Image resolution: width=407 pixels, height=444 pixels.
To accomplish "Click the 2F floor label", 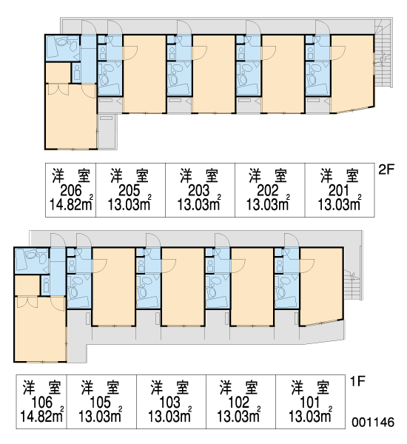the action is click(386, 169).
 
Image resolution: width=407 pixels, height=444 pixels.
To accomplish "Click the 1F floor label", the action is click(357, 381).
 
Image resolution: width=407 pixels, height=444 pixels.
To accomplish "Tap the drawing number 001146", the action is click(373, 423).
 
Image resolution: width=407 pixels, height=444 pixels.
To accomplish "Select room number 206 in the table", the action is click(71, 191).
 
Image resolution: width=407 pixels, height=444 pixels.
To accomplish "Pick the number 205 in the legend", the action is click(129, 191).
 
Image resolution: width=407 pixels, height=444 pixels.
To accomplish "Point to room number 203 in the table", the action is click(199, 191).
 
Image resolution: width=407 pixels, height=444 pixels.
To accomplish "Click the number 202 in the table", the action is click(268, 191).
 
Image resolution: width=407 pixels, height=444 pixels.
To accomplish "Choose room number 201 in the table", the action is click(339, 191).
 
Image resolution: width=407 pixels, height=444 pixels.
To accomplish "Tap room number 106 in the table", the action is click(42, 403).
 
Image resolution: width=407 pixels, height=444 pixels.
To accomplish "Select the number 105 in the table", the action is click(100, 403).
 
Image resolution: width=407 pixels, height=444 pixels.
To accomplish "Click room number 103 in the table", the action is click(170, 403).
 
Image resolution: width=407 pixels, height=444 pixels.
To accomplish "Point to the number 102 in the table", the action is click(239, 403).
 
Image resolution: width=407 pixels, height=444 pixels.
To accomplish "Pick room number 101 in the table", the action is click(309, 403).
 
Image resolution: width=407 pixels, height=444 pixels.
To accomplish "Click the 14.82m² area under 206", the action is click(71, 203).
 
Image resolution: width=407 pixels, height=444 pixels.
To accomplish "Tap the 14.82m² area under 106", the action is click(42, 415).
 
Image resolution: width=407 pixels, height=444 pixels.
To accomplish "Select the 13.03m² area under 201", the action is click(340, 203).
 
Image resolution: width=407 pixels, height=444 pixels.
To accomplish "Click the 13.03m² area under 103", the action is click(169, 415).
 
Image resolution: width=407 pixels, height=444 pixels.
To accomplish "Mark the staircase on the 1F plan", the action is click(353, 285).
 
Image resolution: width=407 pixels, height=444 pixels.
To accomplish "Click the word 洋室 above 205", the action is click(129, 175).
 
